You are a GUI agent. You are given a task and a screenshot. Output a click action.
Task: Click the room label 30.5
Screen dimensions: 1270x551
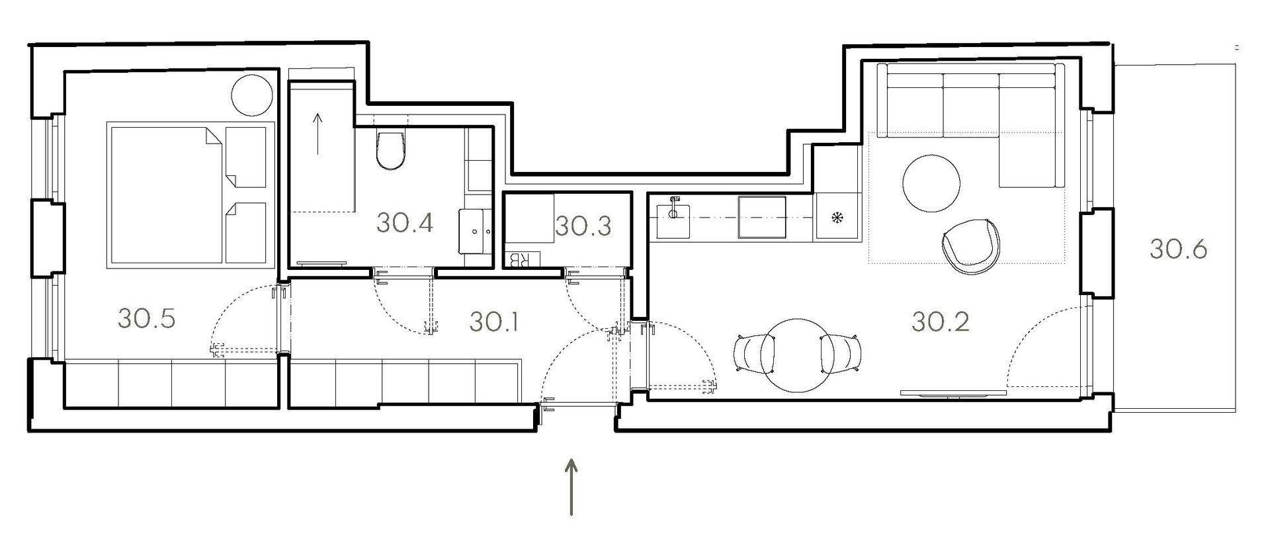click(146, 318)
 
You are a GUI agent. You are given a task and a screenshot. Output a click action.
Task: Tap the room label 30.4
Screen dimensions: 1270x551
click(405, 222)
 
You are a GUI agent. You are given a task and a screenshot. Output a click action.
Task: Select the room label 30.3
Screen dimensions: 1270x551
click(583, 226)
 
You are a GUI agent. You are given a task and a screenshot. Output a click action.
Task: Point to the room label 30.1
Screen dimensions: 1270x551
click(493, 322)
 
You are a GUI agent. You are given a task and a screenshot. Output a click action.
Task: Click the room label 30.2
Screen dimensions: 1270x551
click(941, 321)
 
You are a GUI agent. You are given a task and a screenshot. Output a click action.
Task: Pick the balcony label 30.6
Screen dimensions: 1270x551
click(1178, 249)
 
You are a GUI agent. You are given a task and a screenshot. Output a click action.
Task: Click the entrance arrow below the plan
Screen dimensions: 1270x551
click(571, 486)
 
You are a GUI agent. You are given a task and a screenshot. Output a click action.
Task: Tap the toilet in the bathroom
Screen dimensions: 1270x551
click(389, 150)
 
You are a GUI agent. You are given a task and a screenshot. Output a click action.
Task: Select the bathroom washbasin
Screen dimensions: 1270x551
click(476, 232)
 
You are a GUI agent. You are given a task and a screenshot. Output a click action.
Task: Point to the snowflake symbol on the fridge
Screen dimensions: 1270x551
click(837, 216)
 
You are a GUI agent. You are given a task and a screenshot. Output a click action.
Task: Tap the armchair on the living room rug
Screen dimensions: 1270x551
click(971, 245)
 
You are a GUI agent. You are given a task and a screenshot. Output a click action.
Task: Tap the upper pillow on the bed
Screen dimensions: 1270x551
click(245, 155)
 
